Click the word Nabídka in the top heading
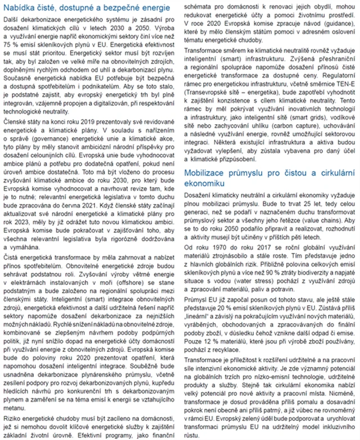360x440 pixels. [22, 10]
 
